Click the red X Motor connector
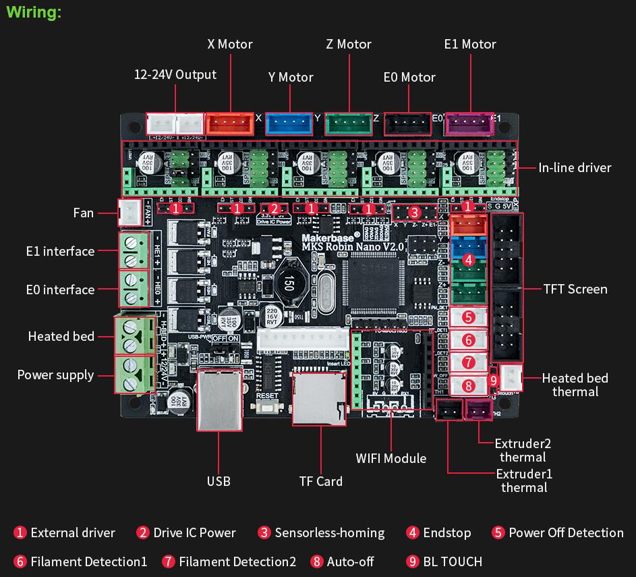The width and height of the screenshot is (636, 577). [230, 122]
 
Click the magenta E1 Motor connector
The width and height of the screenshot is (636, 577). [468, 123]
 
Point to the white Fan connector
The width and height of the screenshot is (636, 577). [127, 213]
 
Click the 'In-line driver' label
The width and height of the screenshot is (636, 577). [575, 167]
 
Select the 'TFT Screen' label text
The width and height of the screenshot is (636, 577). [575, 289]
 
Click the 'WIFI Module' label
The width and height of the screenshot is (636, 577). [391, 458]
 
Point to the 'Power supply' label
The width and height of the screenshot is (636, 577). [56, 375]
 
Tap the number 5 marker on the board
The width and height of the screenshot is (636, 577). [469, 316]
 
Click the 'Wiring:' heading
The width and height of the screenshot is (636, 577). [34, 13]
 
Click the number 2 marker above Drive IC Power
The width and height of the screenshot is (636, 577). [274, 209]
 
